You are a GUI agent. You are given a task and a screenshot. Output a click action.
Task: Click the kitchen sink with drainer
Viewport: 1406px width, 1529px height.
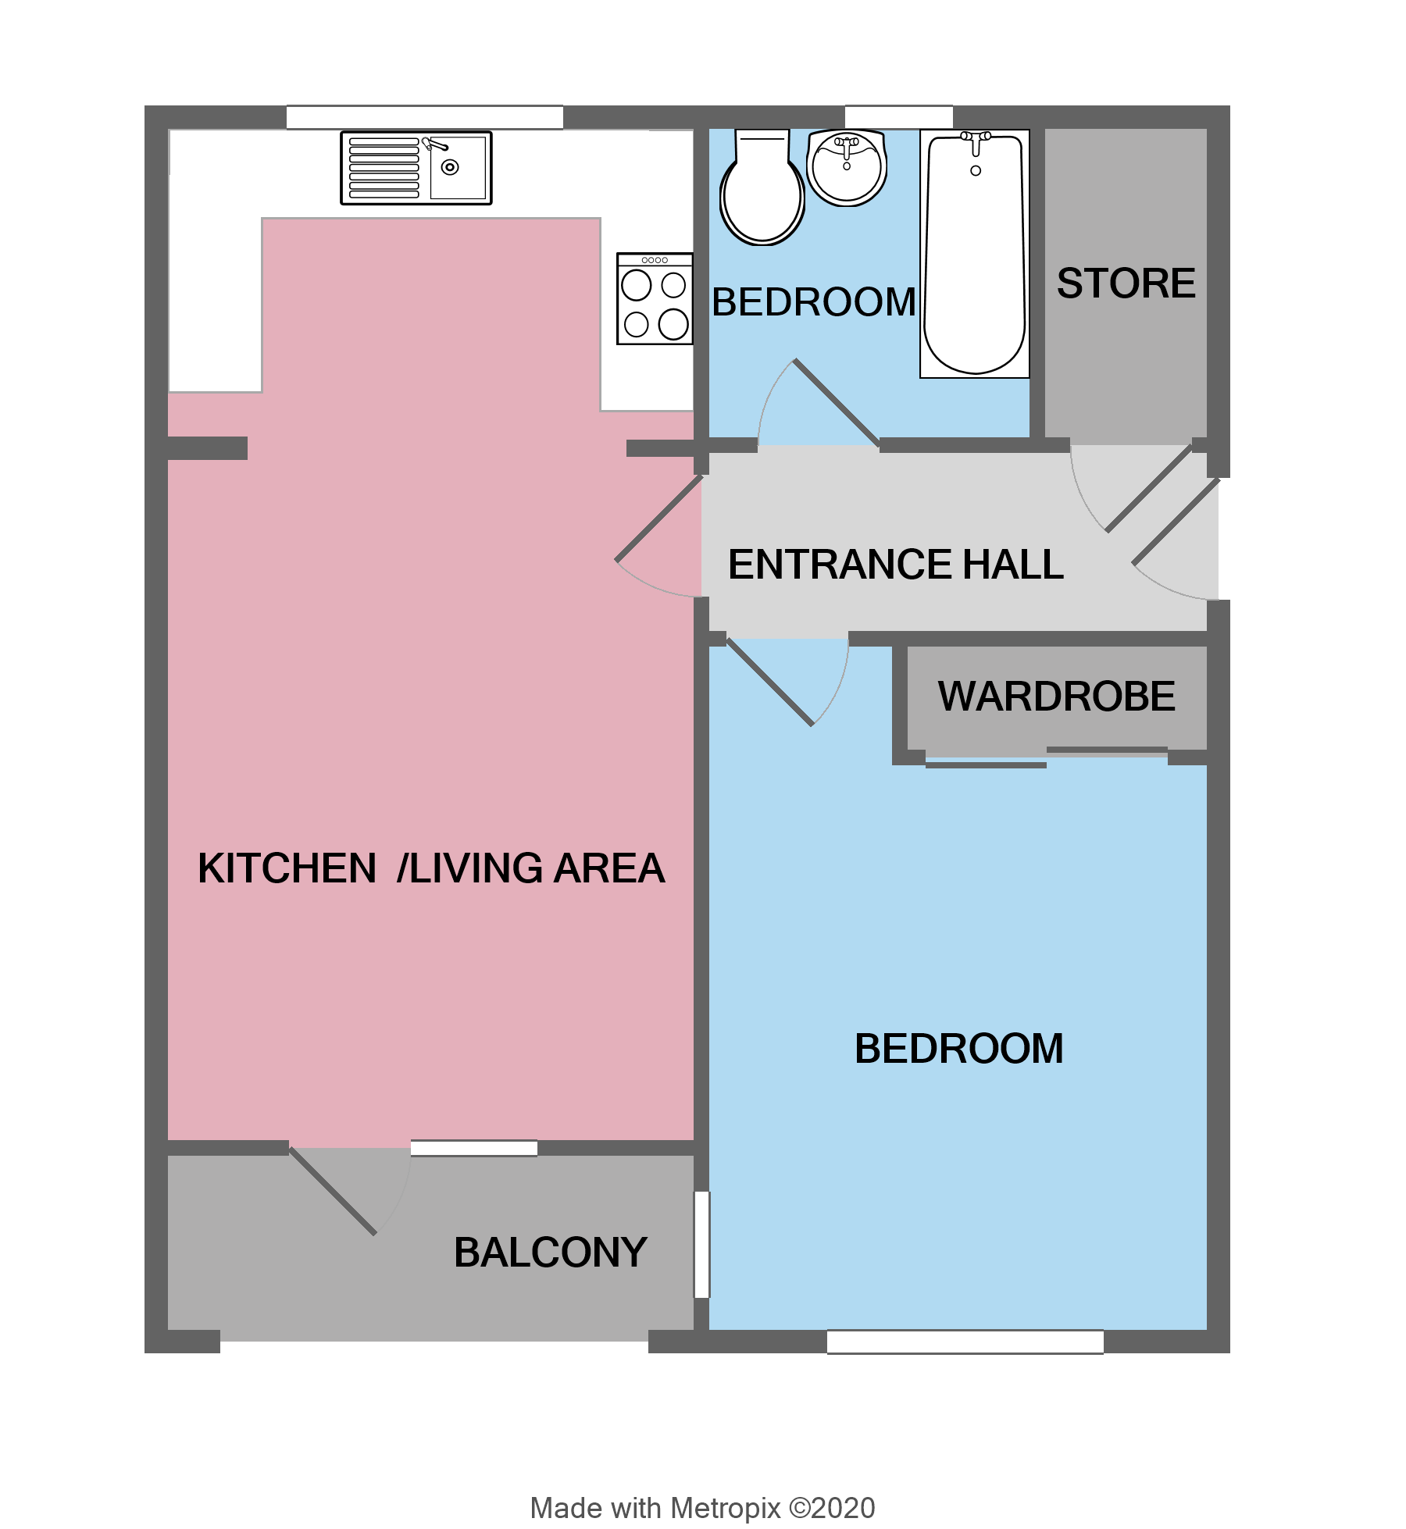pos(416,168)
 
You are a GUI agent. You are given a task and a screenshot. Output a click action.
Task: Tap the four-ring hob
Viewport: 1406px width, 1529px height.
pos(655,299)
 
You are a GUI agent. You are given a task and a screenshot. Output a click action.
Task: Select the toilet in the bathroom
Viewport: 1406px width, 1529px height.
pos(762,190)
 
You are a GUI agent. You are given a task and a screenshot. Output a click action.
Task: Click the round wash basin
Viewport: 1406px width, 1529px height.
pos(847,167)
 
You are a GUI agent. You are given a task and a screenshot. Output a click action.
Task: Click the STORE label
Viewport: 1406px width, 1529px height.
pos(1126,283)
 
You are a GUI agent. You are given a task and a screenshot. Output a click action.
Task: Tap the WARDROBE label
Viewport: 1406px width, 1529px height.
pos(1056,696)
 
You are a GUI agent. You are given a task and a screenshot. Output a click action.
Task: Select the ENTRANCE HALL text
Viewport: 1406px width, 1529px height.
pos(895,564)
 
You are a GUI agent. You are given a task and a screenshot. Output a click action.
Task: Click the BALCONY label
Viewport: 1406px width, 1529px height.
pos(550,1252)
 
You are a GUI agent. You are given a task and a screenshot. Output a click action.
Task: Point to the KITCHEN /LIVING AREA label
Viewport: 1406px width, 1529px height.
pos(430,868)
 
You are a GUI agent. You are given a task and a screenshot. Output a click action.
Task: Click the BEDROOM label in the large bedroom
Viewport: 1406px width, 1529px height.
pos(958,1048)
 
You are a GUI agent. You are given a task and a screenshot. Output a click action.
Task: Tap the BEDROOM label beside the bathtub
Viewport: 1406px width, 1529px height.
pos(813,301)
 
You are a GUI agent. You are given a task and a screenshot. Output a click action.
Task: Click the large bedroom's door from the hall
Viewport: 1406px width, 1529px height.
pos(771,683)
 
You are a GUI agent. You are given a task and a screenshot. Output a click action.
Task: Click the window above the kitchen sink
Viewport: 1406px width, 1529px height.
pos(424,117)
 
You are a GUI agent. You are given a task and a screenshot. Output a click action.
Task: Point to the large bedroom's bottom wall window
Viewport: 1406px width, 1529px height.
pos(965,1342)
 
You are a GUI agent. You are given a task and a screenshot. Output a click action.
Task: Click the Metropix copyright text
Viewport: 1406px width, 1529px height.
pos(702,1507)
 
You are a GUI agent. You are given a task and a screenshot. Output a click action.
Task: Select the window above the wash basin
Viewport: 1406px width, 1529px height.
pos(898,116)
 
